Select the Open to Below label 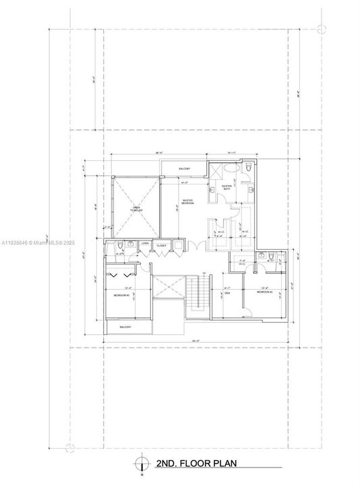click(x=136, y=209)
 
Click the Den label click(x=227, y=294)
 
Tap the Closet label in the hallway click(x=162, y=246)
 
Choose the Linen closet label click(x=145, y=245)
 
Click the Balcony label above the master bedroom click(x=185, y=168)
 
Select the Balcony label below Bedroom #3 click(x=125, y=327)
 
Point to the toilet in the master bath click(x=249, y=167)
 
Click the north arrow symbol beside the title click(x=140, y=463)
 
